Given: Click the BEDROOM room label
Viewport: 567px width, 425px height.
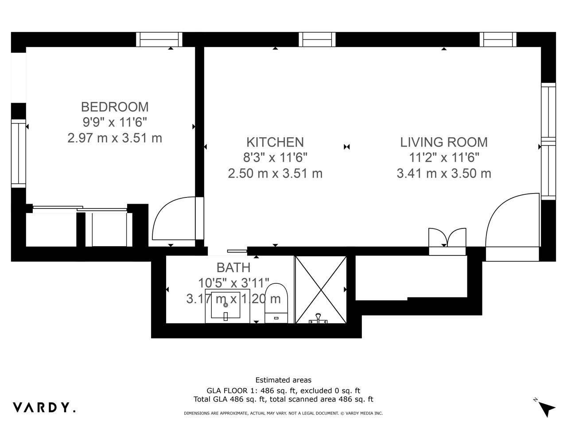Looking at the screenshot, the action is click(x=115, y=107).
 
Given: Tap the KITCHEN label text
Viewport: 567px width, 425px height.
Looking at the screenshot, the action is click(x=275, y=142).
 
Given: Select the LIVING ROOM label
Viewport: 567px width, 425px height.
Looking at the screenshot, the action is click(x=444, y=142).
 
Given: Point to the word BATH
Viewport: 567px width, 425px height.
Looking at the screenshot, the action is click(x=233, y=267).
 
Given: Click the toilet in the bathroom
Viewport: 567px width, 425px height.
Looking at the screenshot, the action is click(x=276, y=303).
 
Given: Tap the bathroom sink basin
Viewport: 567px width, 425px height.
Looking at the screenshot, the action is click(x=225, y=305).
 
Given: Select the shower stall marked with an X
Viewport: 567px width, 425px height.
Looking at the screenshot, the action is click(x=321, y=290).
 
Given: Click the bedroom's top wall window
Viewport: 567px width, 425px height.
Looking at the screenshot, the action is click(x=159, y=39).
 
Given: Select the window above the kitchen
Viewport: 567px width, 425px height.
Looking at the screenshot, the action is click(x=317, y=39).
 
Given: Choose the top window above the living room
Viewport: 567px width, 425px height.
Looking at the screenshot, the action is click(x=498, y=39).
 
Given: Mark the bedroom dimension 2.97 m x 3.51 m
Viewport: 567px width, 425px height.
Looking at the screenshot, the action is click(x=115, y=138).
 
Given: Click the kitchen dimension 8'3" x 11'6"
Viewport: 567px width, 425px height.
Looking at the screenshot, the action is click(x=275, y=158).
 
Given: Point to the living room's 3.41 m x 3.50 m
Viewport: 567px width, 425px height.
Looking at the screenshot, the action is click(x=444, y=173).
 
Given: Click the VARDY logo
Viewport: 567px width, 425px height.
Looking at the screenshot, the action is click(x=44, y=407).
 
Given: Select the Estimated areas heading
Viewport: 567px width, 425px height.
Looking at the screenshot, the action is click(x=283, y=380).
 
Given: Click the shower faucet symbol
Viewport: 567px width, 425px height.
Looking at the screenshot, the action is click(x=318, y=319).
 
